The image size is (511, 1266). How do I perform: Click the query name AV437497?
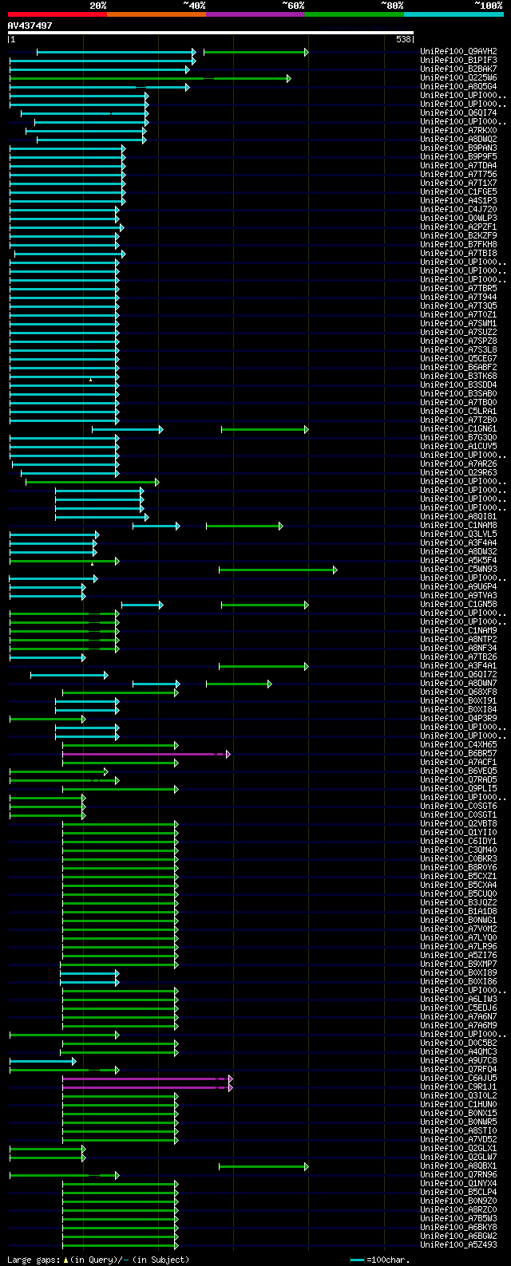coord(30,26)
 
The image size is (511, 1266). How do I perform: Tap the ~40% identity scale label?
coord(194,6)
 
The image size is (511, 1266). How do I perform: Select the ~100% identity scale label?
coord(488,6)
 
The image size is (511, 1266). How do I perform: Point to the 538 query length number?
coord(403,39)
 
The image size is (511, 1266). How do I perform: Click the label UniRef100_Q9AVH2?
coord(458,51)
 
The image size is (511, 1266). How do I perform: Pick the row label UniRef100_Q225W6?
coord(458,77)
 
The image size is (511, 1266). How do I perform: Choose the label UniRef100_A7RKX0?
coord(458,130)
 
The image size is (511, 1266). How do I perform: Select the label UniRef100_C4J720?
coord(458,209)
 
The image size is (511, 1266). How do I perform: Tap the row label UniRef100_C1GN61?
coord(458,428)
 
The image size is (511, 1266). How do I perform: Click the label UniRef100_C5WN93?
coord(458,569)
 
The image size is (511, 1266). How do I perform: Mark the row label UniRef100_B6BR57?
coord(458,753)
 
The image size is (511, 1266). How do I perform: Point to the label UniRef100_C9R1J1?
coord(458,1087)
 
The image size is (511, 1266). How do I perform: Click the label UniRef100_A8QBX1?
coord(458,1165)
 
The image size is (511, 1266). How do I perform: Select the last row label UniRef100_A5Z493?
coord(458,1244)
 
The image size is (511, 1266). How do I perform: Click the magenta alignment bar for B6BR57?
coord(144,754)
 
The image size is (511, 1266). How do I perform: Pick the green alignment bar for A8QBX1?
coord(263,1166)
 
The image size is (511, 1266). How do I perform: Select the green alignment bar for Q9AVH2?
coord(255,52)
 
